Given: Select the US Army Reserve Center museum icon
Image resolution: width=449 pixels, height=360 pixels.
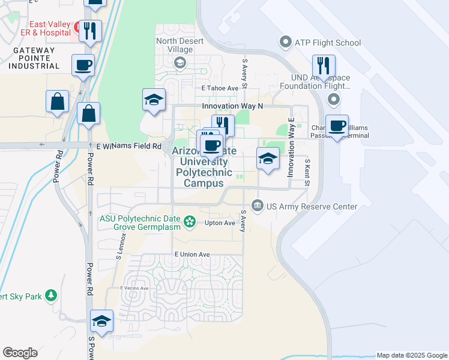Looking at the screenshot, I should coord(258,206).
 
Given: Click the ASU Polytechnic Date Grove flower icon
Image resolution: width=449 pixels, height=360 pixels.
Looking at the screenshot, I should coord(190,222).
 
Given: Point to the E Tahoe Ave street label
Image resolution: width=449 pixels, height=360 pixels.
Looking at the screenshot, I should coord(220,88).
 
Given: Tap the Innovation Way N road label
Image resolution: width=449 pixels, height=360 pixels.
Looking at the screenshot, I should coord(232,106).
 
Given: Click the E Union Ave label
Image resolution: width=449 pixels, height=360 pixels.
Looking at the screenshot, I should coord(192,254).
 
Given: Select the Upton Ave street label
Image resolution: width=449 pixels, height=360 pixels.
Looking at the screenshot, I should coord(220,223).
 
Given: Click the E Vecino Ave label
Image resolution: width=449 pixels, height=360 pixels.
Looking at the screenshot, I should coord(134,288).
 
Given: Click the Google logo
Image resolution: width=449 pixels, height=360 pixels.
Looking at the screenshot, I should coord(20,353).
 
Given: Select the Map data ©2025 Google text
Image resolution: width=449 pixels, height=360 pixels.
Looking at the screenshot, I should coord(412,355).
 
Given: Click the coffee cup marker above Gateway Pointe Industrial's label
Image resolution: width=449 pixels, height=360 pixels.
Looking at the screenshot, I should coord(83,64).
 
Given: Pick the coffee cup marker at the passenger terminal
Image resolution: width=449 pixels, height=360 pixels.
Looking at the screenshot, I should coord(337,126).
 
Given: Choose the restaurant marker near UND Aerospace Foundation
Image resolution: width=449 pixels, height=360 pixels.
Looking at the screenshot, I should coord(324,66).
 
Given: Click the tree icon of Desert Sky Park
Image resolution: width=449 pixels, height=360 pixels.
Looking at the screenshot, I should coord(52,295).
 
